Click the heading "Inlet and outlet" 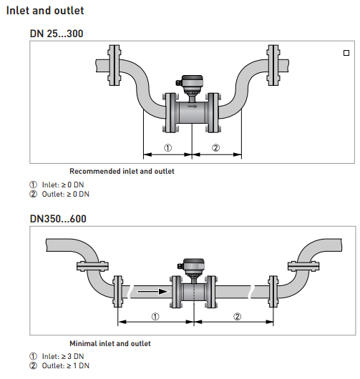(45, 11)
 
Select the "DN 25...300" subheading (57, 34)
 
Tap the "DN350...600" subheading (58, 219)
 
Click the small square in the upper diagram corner (346, 53)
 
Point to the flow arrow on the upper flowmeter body (193, 106)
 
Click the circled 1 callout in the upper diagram (168, 148)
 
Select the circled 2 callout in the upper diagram (216, 148)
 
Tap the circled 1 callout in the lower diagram (155, 316)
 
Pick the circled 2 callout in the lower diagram (237, 316)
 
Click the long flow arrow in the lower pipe (152, 292)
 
